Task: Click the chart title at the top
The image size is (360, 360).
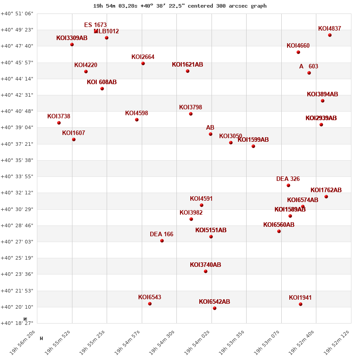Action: [180, 6]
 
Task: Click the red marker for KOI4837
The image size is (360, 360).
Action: [330, 35]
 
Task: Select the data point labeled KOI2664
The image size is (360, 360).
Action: [143, 63]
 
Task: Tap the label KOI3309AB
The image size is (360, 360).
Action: [72, 38]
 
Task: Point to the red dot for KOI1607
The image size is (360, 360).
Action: [74, 139]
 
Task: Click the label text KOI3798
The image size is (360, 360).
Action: [190, 108]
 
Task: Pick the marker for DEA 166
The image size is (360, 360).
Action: [162, 241]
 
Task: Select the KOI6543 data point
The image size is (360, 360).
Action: [150, 304]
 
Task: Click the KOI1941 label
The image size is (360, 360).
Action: [300, 298]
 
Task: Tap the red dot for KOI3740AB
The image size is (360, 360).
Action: [206, 271]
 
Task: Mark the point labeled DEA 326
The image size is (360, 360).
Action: [288, 185]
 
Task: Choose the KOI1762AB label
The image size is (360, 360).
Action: [326, 190]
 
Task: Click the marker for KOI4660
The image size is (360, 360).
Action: [298, 52]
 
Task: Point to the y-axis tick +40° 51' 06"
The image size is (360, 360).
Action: [17, 13]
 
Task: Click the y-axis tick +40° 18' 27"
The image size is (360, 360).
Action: [17, 323]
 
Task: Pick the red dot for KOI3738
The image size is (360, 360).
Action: [59, 123]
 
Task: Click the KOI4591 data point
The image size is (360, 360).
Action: [202, 205]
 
